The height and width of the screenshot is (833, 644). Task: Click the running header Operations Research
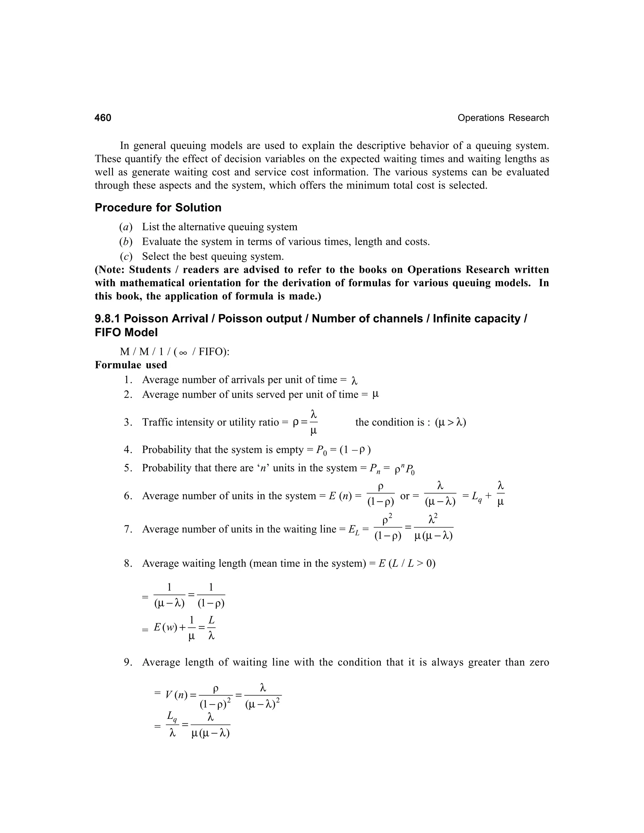pyautogui.click(x=503, y=118)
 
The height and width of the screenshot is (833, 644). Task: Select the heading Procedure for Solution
pyautogui.click(x=158, y=207)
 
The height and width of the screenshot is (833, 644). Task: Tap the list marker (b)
pyautogui.click(x=125, y=241)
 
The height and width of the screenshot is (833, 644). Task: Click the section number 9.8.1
pyautogui.click(x=108, y=318)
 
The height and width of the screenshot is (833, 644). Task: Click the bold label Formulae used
pyautogui.click(x=131, y=365)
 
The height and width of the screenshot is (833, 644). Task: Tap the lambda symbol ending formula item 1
pyautogui.click(x=354, y=380)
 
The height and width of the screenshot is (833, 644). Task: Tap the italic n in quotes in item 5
pyautogui.click(x=263, y=468)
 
